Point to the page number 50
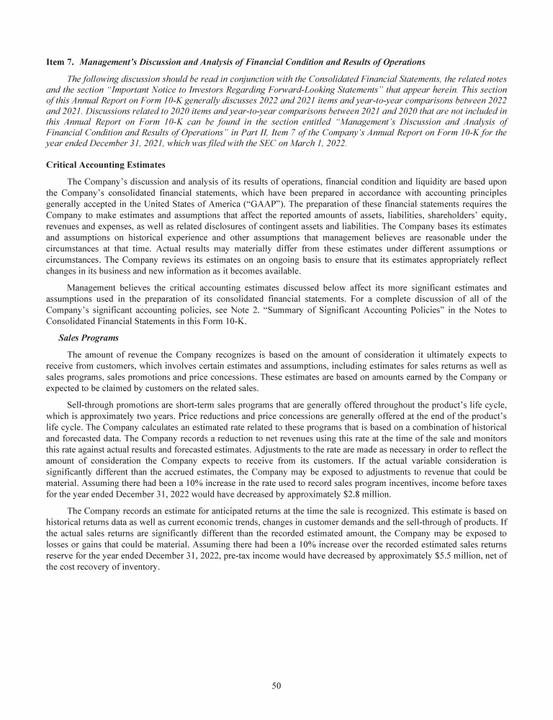(276, 685)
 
